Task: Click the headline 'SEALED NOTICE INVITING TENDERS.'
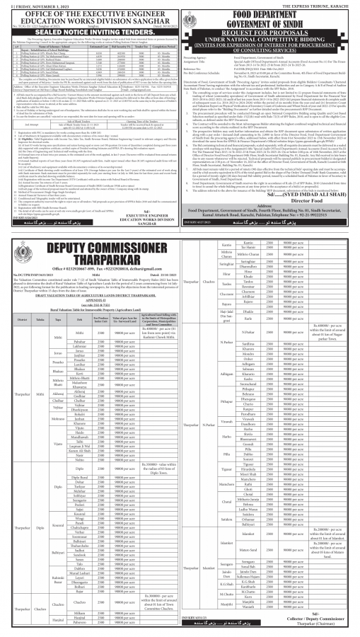90,31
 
